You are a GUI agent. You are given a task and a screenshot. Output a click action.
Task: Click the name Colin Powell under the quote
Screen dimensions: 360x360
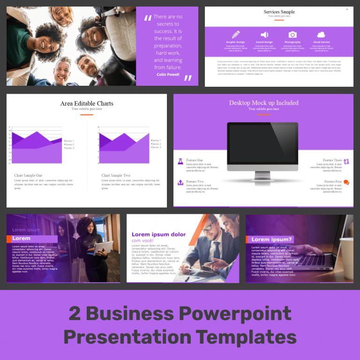click(x=167, y=75)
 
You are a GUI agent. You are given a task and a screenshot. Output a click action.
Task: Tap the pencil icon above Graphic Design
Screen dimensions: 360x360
click(x=235, y=34)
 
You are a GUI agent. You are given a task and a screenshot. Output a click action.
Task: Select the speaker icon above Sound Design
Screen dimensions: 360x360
click(x=264, y=35)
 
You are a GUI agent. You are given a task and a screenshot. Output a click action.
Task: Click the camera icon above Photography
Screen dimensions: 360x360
click(x=292, y=35)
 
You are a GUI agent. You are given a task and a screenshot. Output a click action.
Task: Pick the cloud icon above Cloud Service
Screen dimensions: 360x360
click(x=321, y=35)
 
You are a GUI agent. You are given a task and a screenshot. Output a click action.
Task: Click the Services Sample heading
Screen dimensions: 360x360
click(x=279, y=12)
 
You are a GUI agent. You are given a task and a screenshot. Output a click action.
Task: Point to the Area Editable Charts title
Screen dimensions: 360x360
click(x=87, y=104)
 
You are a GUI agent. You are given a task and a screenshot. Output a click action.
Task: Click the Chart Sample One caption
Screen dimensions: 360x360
click(x=28, y=175)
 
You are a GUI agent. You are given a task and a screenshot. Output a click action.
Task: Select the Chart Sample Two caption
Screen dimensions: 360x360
click(x=116, y=175)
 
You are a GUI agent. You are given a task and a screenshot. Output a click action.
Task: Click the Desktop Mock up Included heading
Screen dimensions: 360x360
click(x=263, y=103)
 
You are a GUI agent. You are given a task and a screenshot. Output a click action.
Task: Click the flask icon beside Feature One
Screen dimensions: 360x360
click(x=180, y=161)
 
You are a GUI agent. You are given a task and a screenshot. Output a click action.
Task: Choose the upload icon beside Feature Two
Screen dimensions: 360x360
click(x=180, y=182)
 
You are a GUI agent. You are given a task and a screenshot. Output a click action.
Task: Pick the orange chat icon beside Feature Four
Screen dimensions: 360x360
click(x=346, y=182)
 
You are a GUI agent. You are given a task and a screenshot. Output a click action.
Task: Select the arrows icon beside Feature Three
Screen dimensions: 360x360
click(x=346, y=162)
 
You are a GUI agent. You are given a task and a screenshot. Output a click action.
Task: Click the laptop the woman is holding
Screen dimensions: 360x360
click(x=104, y=247)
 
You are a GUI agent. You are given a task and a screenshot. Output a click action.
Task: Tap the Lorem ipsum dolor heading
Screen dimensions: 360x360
click(x=158, y=234)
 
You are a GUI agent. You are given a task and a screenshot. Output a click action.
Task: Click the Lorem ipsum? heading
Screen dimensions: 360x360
click(x=271, y=240)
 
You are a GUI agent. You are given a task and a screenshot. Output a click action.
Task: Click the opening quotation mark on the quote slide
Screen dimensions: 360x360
click(x=148, y=18)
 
